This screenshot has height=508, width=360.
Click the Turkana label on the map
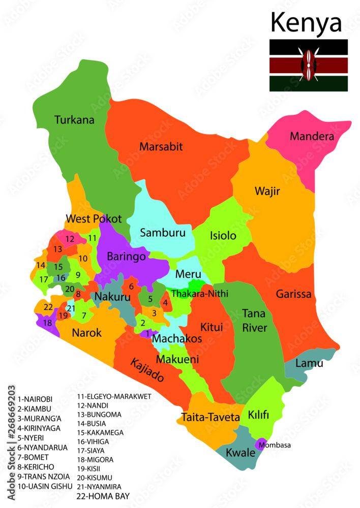click(74, 120)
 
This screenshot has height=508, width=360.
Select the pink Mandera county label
click(312, 136)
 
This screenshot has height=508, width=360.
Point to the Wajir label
click(267, 192)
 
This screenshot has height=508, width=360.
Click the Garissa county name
click(293, 294)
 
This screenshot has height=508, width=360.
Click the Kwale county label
click(240, 452)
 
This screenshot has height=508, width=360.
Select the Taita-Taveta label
click(209, 417)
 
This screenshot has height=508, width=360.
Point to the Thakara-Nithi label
click(199, 294)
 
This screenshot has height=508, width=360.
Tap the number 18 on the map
click(47, 323)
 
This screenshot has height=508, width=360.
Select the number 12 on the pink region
click(70, 238)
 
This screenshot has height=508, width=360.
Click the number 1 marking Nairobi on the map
click(147, 334)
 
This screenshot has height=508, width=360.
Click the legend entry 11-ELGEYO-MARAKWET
click(114, 396)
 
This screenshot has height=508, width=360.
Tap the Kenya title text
click(306, 22)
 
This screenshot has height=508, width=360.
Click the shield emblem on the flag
click(308, 65)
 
